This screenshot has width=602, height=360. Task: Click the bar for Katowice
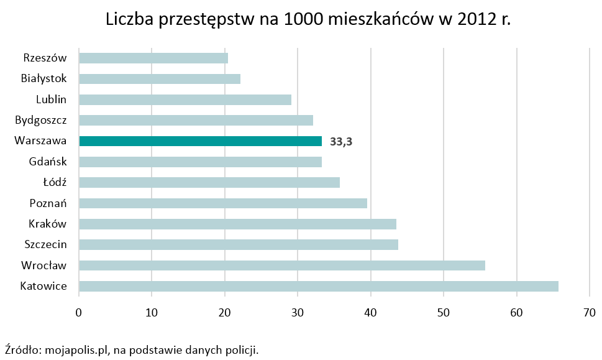(x=319, y=287)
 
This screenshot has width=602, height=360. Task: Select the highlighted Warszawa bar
(x=201, y=141)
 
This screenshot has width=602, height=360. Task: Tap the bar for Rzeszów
(x=153, y=58)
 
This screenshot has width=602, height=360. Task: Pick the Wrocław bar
(x=282, y=265)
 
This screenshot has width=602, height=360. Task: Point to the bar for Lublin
(x=185, y=99)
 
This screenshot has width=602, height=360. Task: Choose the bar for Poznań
(x=223, y=203)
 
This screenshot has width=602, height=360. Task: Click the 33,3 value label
(x=341, y=142)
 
